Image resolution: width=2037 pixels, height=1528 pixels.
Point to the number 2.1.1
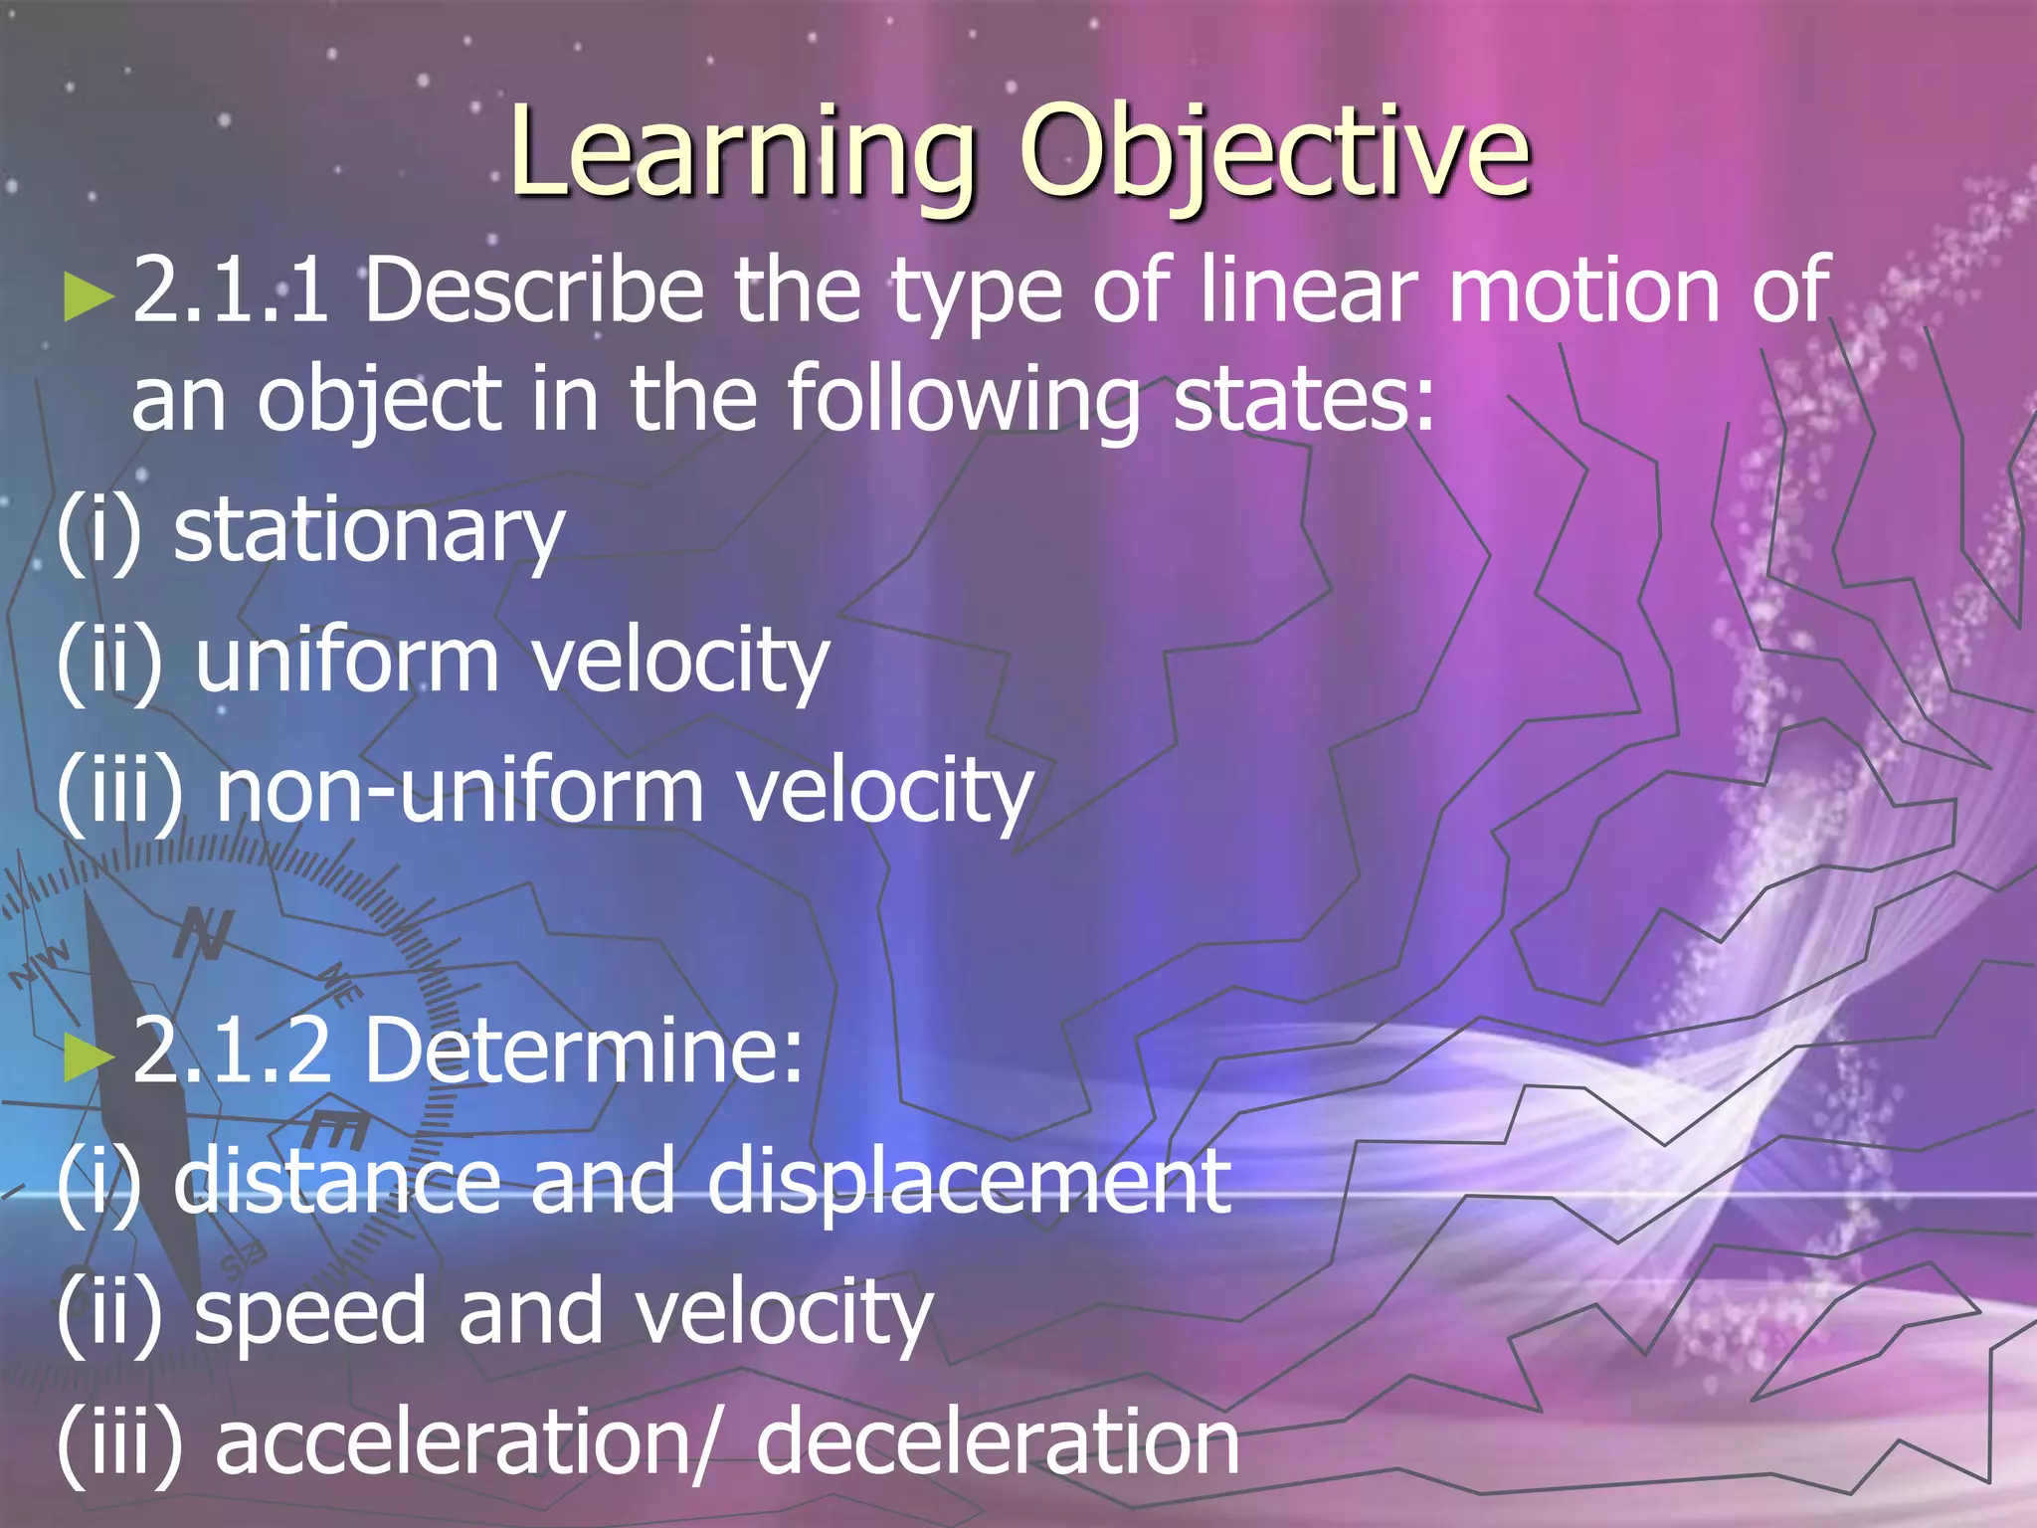[231, 290]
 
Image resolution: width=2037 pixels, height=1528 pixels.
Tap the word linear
[1308, 290]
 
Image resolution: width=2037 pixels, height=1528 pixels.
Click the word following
[963, 401]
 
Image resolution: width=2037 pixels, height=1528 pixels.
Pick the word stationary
[369, 532]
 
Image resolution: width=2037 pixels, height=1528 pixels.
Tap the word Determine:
[585, 1051]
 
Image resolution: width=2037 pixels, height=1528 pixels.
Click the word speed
[310, 1313]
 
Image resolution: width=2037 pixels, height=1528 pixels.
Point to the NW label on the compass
[40, 963]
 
